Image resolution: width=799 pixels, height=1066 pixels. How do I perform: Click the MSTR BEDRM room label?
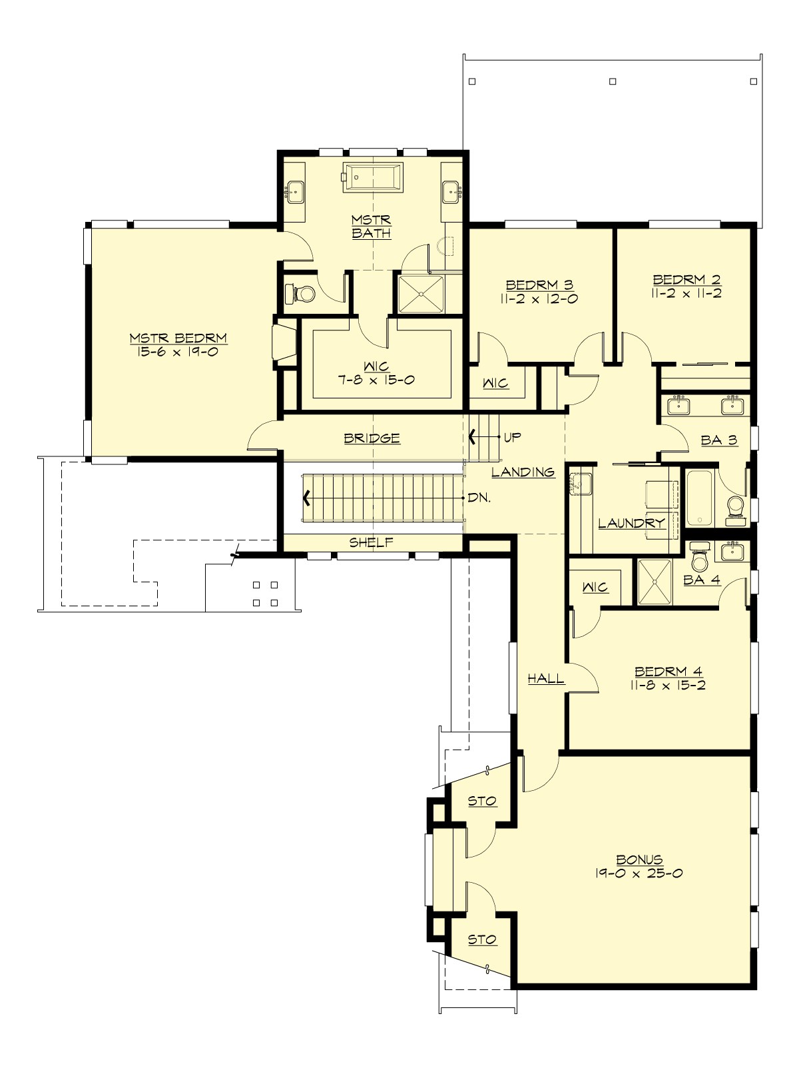click(x=178, y=338)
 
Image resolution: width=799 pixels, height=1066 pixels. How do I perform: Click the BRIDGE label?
click(x=372, y=438)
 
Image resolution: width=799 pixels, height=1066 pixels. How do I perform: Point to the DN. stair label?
click(x=479, y=498)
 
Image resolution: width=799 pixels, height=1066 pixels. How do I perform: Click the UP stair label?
click(x=513, y=438)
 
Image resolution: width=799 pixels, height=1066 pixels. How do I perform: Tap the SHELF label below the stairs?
click(x=372, y=542)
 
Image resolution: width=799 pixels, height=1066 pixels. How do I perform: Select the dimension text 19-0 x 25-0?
click(x=639, y=873)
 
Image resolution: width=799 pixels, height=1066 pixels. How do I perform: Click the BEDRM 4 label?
click(x=668, y=672)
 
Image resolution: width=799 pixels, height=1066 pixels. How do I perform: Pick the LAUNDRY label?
click(x=631, y=523)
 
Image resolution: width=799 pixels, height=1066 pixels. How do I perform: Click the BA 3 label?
click(x=719, y=440)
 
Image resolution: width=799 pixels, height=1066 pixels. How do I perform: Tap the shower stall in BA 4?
click(x=655, y=582)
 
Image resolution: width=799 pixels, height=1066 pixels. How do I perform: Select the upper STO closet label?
click(x=482, y=801)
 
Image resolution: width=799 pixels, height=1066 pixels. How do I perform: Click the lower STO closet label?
click(x=482, y=939)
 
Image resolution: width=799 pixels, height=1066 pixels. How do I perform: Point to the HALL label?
click(x=546, y=679)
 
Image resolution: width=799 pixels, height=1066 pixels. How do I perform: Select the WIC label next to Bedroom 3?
click(x=495, y=384)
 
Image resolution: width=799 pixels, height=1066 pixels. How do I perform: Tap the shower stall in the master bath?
click(x=421, y=293)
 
